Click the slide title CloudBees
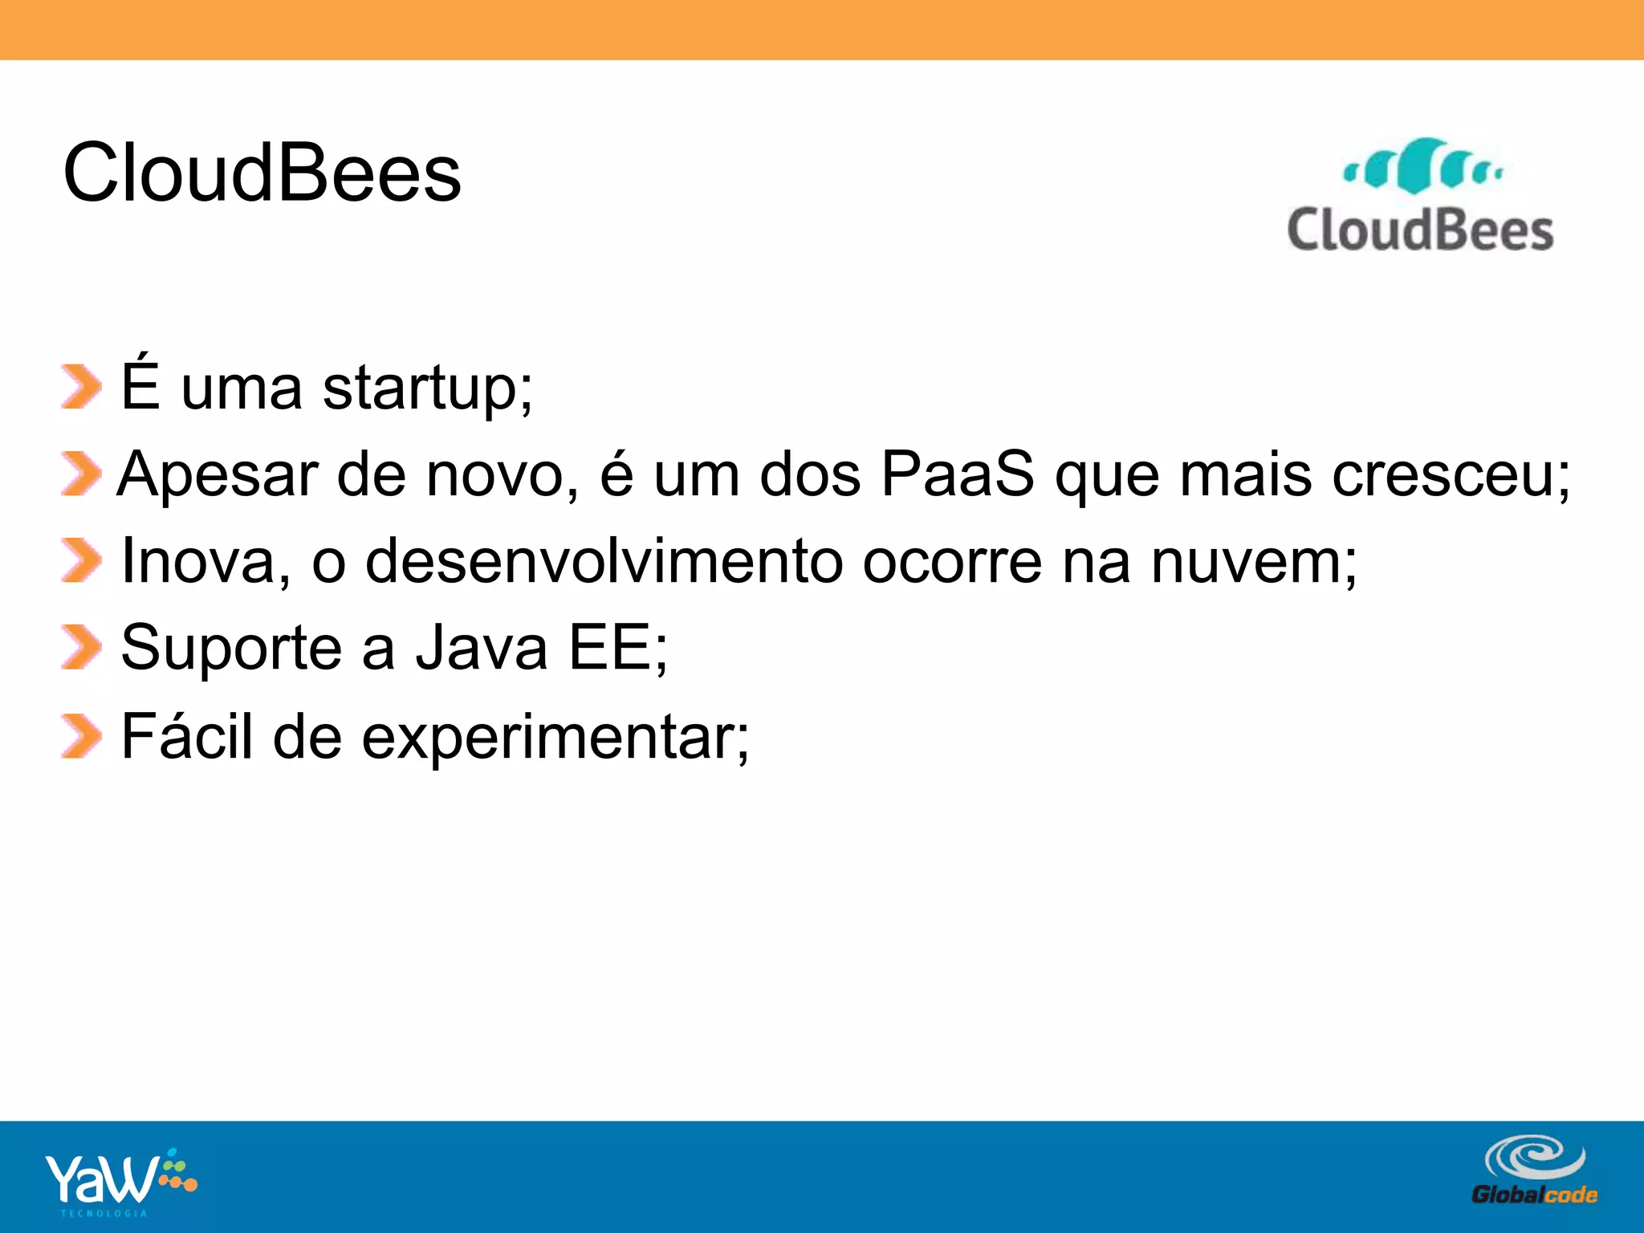[262, 173]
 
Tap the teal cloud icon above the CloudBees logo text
[1422, 167]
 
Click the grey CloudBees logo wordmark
[1420, 230]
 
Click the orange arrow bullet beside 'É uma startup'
[80, 387]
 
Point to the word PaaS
[957, 474]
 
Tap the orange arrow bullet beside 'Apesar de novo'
[80, 474]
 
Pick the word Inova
[197, 560]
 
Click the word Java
[481, 647]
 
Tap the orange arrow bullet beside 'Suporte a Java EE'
[80, 647]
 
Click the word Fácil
[186, 735]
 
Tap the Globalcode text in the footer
[1534, 1194]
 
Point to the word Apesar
[217, 474]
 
